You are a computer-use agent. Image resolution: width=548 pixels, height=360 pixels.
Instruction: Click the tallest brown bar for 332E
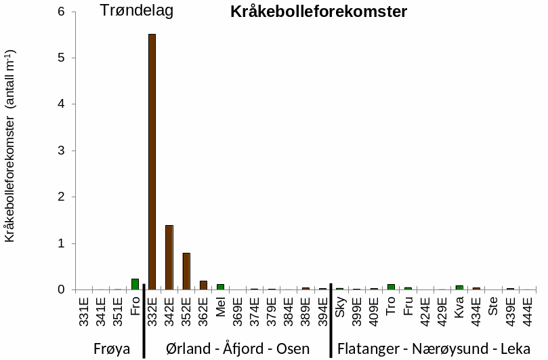(x=152, y=163)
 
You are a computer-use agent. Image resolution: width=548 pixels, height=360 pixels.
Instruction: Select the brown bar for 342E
(x=169, y=258)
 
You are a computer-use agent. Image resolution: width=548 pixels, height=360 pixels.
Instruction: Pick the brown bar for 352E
(x=186, y=271)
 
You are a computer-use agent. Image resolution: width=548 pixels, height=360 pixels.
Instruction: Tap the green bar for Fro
(x=135, y=284)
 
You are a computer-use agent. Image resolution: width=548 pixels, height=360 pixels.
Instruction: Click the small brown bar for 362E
(x=203, y=285)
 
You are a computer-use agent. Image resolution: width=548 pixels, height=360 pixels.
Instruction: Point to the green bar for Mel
(x=220, y=287)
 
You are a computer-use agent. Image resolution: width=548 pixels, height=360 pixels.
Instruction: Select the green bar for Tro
(x=391, y=287)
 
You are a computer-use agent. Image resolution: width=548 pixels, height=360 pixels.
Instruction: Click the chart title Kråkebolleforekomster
(x=318, y=12)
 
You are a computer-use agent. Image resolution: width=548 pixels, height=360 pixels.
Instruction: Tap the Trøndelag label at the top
(x=137, y=11)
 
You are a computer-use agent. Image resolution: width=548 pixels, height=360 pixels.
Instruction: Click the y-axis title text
(x=11, y=146)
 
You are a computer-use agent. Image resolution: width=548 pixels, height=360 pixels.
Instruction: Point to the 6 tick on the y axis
(x=62, y=12)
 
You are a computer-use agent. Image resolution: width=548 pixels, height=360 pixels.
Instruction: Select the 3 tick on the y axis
(x=62, y=151)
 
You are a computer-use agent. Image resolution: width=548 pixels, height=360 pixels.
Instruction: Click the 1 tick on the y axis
(x=62, y=243)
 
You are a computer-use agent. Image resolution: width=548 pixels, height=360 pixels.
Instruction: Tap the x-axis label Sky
(x=340, y=305)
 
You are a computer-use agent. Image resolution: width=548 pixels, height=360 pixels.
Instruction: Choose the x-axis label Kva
(x=459, y=306)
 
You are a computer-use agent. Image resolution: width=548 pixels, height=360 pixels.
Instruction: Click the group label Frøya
(x=110, y=348)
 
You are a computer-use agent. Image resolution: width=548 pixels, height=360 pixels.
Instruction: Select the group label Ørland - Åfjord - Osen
(x=238, y=348)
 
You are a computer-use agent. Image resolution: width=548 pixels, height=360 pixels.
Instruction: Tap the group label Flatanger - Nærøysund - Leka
(x=434, y=348)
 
